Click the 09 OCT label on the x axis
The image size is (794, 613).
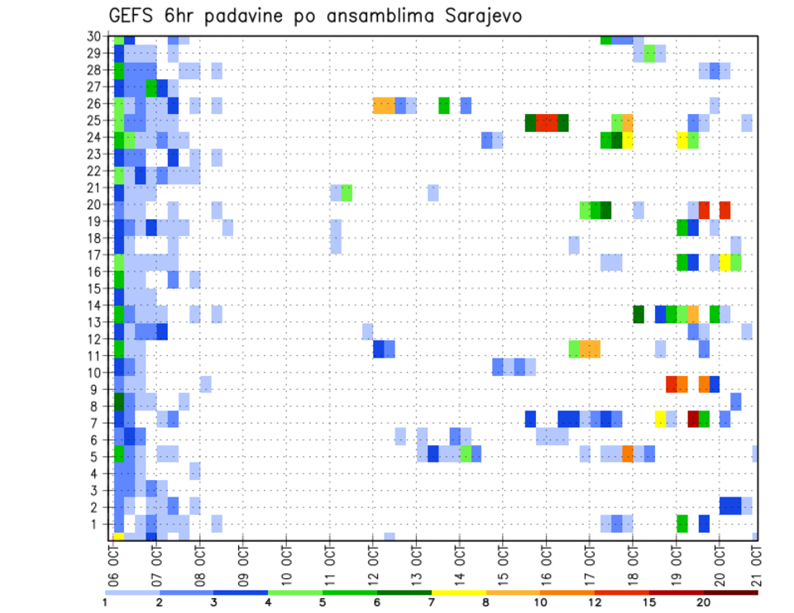242,563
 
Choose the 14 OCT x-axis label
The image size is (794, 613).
458,563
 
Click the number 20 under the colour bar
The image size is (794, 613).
704,602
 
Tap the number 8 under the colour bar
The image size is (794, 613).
485,602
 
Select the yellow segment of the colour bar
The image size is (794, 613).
458,592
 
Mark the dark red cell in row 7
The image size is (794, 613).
693,419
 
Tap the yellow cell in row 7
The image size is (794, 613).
660,419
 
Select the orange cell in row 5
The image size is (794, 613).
628,454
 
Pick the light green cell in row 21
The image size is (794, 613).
347,192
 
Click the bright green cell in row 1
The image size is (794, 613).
682,523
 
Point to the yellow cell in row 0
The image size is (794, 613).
118,537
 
